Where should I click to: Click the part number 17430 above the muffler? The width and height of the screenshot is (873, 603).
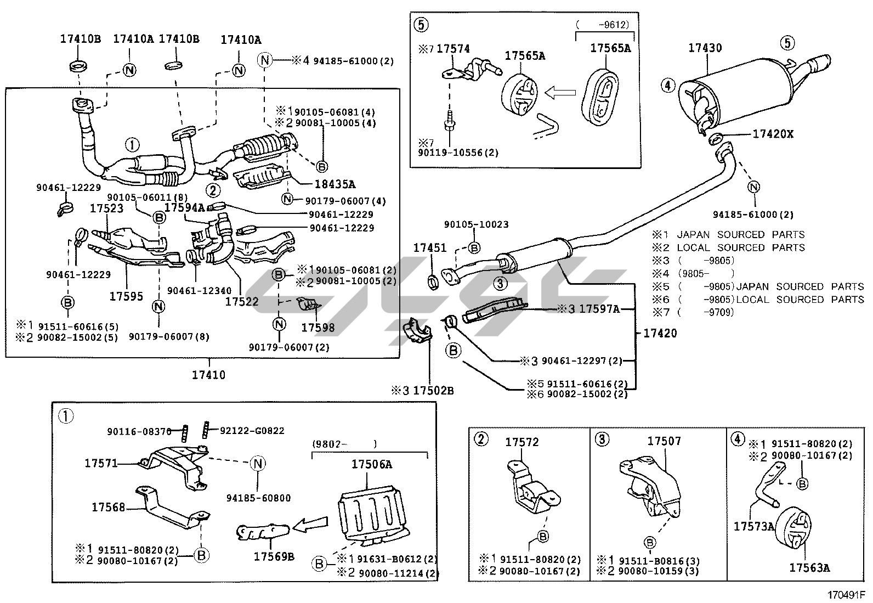coord(705,48)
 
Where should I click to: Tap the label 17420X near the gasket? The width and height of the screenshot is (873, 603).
coord(773,134)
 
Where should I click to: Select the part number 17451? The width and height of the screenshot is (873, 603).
coord(430,249)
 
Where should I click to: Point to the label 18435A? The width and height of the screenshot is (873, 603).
coord(335,184)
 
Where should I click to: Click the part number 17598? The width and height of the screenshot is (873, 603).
coord(318,328)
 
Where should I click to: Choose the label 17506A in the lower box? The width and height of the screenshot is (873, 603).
coord(372,465)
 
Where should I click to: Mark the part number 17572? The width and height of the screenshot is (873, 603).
coord(522,442)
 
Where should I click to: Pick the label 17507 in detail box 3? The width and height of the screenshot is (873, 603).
coord(664,441)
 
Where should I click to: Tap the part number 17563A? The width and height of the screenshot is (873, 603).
coord(809,568)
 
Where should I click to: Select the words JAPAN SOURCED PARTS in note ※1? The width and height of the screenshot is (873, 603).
coord(740,234)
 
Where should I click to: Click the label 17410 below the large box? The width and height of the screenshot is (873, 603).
coord(208,375)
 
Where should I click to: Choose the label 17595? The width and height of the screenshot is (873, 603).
coord(126,296)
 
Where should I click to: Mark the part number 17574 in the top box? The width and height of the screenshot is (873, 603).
coord(453,49)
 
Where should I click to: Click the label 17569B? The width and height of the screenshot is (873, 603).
coord(274,556)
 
